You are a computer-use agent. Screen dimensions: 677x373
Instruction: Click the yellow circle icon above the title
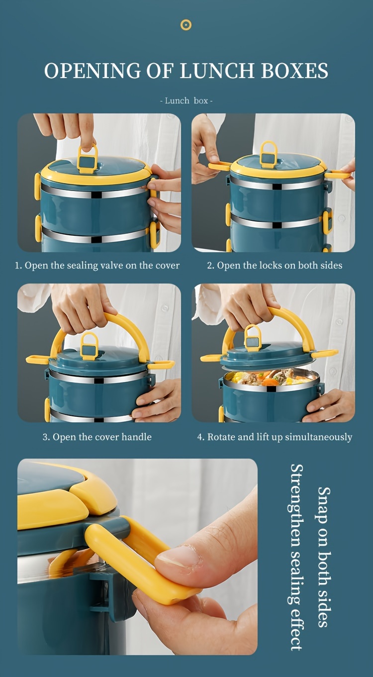click(x=186, y=24)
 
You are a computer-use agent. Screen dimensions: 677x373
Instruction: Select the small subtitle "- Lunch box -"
click(x=186, y=100)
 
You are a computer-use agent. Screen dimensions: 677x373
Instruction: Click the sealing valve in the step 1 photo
click(x=88, y=160)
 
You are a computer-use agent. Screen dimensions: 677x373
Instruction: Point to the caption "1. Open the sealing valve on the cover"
click(x=97, y=266)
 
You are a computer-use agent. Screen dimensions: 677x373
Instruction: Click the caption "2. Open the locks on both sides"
click(x=275, y=266)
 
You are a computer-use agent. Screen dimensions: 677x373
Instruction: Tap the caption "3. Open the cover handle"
click(x=97, y=437)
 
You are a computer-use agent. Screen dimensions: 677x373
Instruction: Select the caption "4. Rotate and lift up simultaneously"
click(x=275, y=437)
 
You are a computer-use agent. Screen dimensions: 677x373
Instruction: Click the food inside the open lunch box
click(x=269, y=379)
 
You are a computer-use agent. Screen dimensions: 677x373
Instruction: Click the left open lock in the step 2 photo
click(x=219, y=166)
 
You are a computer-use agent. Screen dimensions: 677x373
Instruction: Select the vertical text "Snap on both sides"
click(x=324, y=557)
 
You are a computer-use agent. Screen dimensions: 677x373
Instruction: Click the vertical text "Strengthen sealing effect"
click(x=296, y=557)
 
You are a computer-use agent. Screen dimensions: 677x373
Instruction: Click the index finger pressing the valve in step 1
click(x=87, y=134)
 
